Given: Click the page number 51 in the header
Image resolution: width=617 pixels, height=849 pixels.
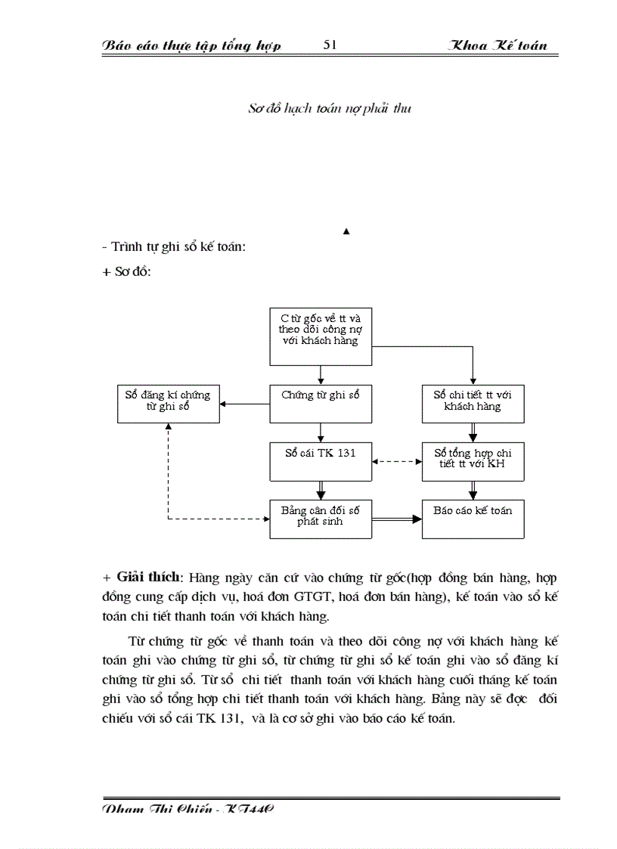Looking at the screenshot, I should pyautogui.click(x=330, y=45).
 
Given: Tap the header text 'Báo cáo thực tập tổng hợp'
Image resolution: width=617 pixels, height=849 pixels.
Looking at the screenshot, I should pyautogui.click(x=191, y=46).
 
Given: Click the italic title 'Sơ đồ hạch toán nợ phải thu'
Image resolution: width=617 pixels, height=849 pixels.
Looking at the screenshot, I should pyautogui.click(x=330, y=109).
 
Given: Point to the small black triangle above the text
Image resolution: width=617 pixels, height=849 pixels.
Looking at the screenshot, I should pyautogui.click(x=346, y=231).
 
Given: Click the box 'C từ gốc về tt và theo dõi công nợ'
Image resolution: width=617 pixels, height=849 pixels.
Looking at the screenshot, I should pyautogui.click(x=321, y=330).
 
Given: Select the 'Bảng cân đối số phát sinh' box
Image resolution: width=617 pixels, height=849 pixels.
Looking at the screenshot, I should pyautogui.click(x=321, y=518).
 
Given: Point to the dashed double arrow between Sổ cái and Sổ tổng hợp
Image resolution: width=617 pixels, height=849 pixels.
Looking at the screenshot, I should pyautogui.click(x=397, y=461).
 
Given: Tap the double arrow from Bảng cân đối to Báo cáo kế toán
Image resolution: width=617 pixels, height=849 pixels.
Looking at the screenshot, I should pyautogui.click(x=397, y=519).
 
